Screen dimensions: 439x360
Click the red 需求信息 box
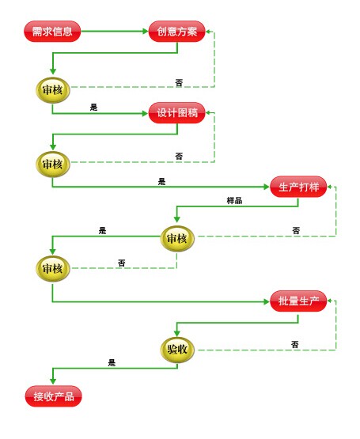[52, 32]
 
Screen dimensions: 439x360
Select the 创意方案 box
[176, 32]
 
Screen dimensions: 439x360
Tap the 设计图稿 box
[176, 113]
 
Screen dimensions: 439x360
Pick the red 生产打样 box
[298, 187]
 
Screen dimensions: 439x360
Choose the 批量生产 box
[298, 301]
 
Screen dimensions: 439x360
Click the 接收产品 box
[53, 395]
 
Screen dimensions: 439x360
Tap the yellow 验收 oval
[176, 347]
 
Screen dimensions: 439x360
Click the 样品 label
[234, 200]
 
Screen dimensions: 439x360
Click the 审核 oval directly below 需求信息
[53, 89]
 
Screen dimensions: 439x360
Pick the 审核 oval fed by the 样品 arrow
[176, 238]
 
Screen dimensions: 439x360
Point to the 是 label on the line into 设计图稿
[94, 107]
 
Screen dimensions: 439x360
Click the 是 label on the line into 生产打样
[162, 181]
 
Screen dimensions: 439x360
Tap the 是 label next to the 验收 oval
[112, 362]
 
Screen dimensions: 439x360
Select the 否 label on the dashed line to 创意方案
[179, 81]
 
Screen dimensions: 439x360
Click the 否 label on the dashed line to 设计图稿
[179, 156]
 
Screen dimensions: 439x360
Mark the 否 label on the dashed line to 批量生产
[294, 344]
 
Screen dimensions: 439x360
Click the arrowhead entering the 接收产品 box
[53, 382]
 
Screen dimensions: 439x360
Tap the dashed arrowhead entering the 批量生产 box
[331, 301]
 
